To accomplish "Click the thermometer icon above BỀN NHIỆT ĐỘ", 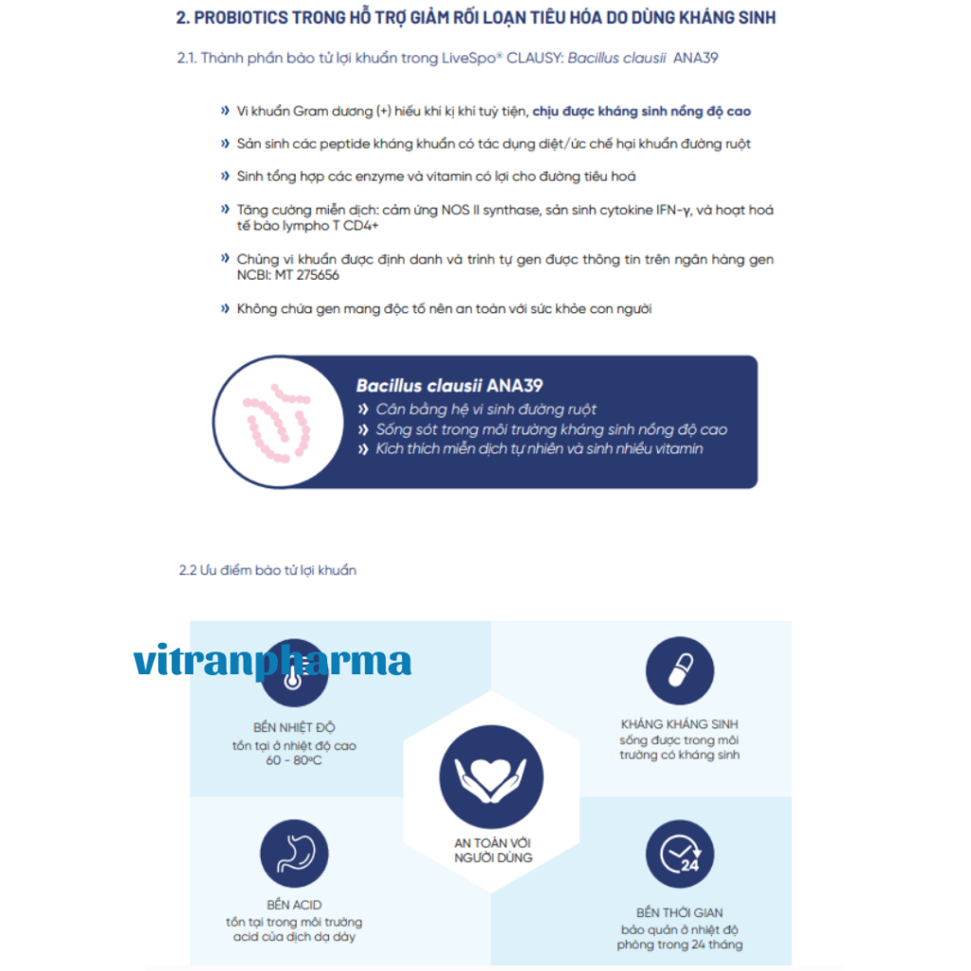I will click(293, 675).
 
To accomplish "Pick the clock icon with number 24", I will click(679, 853).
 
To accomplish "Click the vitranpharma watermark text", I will click(272, 661).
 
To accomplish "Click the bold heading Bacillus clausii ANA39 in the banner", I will click(449, 386).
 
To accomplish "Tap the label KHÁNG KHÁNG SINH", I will click(679, 724).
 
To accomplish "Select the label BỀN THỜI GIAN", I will click(679, 913).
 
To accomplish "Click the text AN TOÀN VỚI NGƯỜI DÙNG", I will click(492, 850).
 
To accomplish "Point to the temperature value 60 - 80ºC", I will click(294, 760).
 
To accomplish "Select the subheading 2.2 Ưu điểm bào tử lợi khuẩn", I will click(267, 570).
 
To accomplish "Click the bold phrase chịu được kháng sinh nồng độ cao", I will click(641, 111).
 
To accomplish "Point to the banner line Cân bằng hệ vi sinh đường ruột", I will click(485, 410).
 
